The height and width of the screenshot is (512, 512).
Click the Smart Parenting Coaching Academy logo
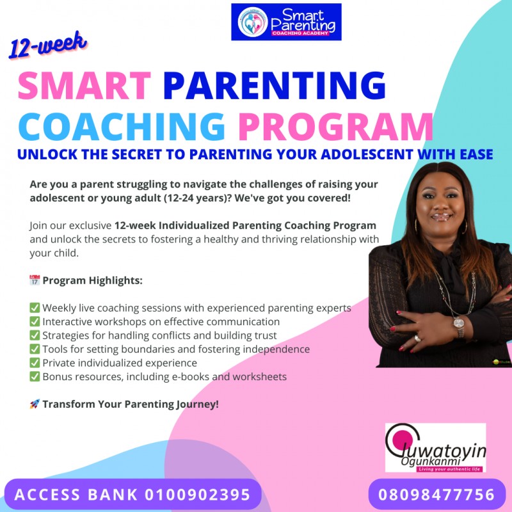[x=286, y=22]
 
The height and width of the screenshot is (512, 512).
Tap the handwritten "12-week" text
[x=48, y=47]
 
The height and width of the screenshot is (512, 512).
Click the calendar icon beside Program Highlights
[x=35, y=280]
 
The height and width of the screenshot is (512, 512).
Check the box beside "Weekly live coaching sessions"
[x=35, y=308]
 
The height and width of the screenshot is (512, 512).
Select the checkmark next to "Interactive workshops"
[x=35, y=321]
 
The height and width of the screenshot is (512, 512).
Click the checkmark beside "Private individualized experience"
[x=35, y=363]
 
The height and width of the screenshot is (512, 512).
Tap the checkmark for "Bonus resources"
[x=35, y=376]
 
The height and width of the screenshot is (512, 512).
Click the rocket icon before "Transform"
[x=35, y=404]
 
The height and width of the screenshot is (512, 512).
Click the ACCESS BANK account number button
[x=132, y=495]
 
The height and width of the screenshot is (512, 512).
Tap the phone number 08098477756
[x=437, y=495]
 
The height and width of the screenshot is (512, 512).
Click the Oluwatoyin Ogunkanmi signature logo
[x=435, y=448]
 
